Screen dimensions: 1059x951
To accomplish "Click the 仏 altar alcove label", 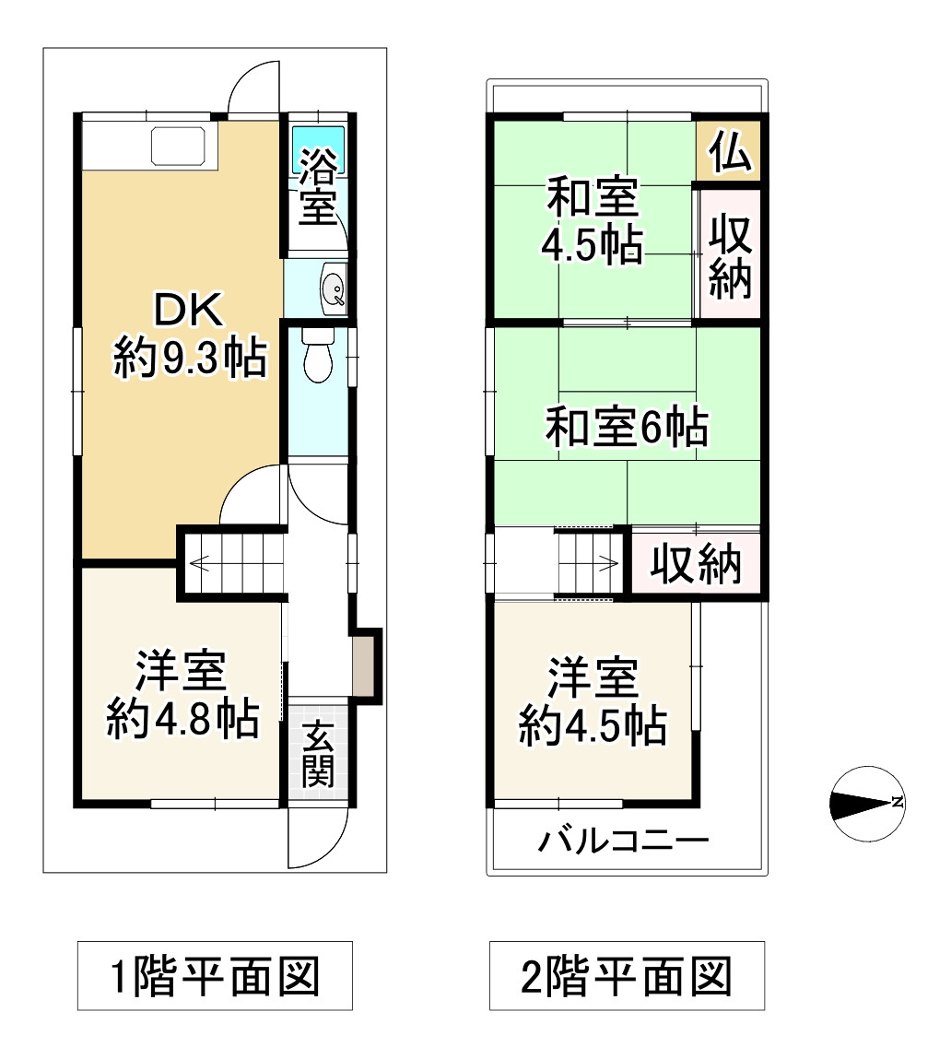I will (729, 153).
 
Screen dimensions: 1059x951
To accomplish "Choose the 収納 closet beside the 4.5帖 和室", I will (731, 256).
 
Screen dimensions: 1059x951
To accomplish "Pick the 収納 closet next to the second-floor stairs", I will (697, 563).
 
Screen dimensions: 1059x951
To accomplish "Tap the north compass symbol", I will (866, 804).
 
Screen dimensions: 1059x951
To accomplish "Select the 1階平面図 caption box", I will (215, 975).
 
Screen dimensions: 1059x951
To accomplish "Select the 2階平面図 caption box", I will (627, 975).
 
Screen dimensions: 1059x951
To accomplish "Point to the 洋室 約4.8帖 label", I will (182, 695).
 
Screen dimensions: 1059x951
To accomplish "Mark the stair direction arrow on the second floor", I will (605, 559).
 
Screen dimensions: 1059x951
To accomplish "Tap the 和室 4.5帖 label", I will (591, 221).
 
